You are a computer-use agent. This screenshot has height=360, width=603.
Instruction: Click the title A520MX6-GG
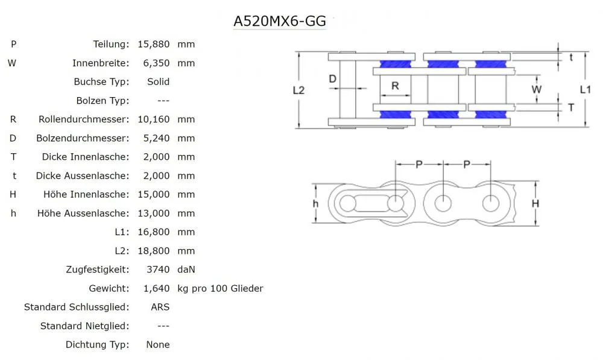pyautogui.click(x=280, y=21)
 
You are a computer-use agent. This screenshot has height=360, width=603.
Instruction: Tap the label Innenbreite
pyautogui.click(x=100, y=63)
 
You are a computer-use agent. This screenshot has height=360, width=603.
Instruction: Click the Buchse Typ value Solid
pyautogui.click(x=158, y=81)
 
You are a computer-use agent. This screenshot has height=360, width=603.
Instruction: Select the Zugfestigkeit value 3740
pyautogui.click(x=157, y=270)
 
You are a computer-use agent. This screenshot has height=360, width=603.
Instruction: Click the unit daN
pyautogui.click(x=186, y=270)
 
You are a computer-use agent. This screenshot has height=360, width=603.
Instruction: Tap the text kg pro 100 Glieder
pyautogui.click(x=220, y=288)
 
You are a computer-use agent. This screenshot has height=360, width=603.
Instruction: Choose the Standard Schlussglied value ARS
pyautogui.click(x=160, y=307)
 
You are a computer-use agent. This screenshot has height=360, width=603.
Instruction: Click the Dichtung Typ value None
pyautogui.click(x=158, y=345)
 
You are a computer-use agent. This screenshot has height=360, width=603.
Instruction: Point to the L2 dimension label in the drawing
pyautogui.click(x=298, y=90)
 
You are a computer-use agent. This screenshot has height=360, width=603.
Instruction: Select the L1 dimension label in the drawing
pyautogui.click(x=585, y=89)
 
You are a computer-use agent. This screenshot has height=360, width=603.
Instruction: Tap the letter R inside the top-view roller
pyautogui.click(x=395, y=86)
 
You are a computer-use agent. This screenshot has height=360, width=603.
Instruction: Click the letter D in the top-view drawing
pyautogui.click(x=332, y=78)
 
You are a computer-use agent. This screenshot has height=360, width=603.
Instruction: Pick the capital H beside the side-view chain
pyautogui.click(x=535, y=204)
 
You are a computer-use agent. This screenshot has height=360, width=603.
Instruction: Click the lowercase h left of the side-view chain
pyautogui.click(x=315, y=204)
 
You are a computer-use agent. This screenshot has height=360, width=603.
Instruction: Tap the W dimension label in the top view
pyautogui.click(x=536, y=89)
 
